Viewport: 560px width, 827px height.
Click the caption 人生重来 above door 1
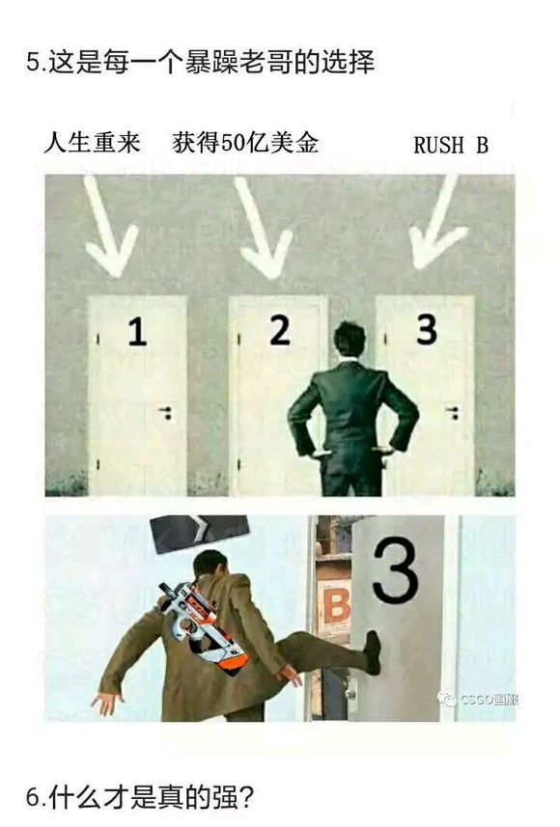tap(93, 143)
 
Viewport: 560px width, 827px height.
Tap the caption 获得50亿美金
tap(245, 143)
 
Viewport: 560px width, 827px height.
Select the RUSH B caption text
tap(451, 146)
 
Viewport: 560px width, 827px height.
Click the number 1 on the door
tap(138, 333)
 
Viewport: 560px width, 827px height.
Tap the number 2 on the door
tap(280, 330)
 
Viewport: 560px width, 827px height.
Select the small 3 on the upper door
tap(426, 329)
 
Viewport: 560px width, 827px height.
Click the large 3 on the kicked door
tap(395, 570)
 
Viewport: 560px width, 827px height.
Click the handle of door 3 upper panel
tap(451, 412)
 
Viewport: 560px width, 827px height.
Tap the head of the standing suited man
tap(350, 341)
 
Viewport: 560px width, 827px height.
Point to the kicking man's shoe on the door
tap(372, 652)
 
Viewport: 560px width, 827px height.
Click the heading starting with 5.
tap(201, 64)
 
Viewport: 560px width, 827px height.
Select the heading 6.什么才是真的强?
tap(140, 797)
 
